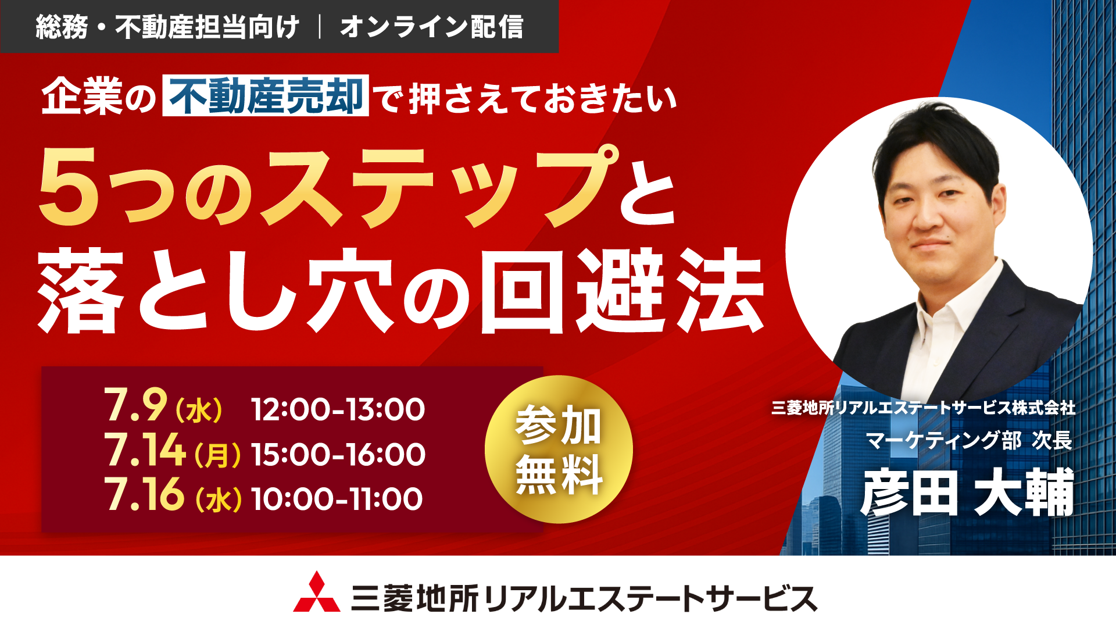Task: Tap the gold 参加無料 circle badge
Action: (x=559, y=449)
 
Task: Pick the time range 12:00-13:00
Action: (x=338, y=409)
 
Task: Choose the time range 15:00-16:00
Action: (x=338, y=454)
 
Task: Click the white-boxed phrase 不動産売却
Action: (x=266, y=95)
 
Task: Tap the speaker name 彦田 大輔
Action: (x=967, y=493)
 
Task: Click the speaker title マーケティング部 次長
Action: (x=969, y=440)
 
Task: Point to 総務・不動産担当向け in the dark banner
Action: (x=167, y=27)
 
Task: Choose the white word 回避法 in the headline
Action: (x=623, y=291)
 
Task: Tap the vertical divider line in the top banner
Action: (x=320, y=27)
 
